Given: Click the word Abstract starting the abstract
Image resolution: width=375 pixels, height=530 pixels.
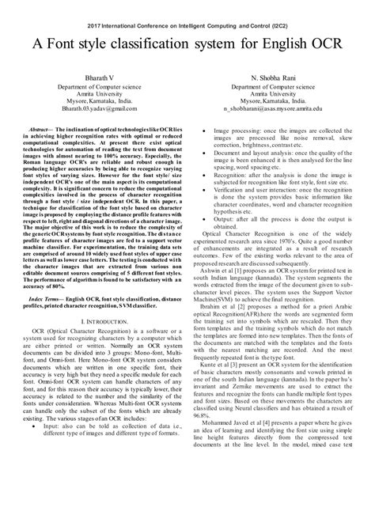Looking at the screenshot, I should click(42, 127).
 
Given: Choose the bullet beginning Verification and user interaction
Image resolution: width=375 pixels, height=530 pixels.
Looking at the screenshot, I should click(237, 201).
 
